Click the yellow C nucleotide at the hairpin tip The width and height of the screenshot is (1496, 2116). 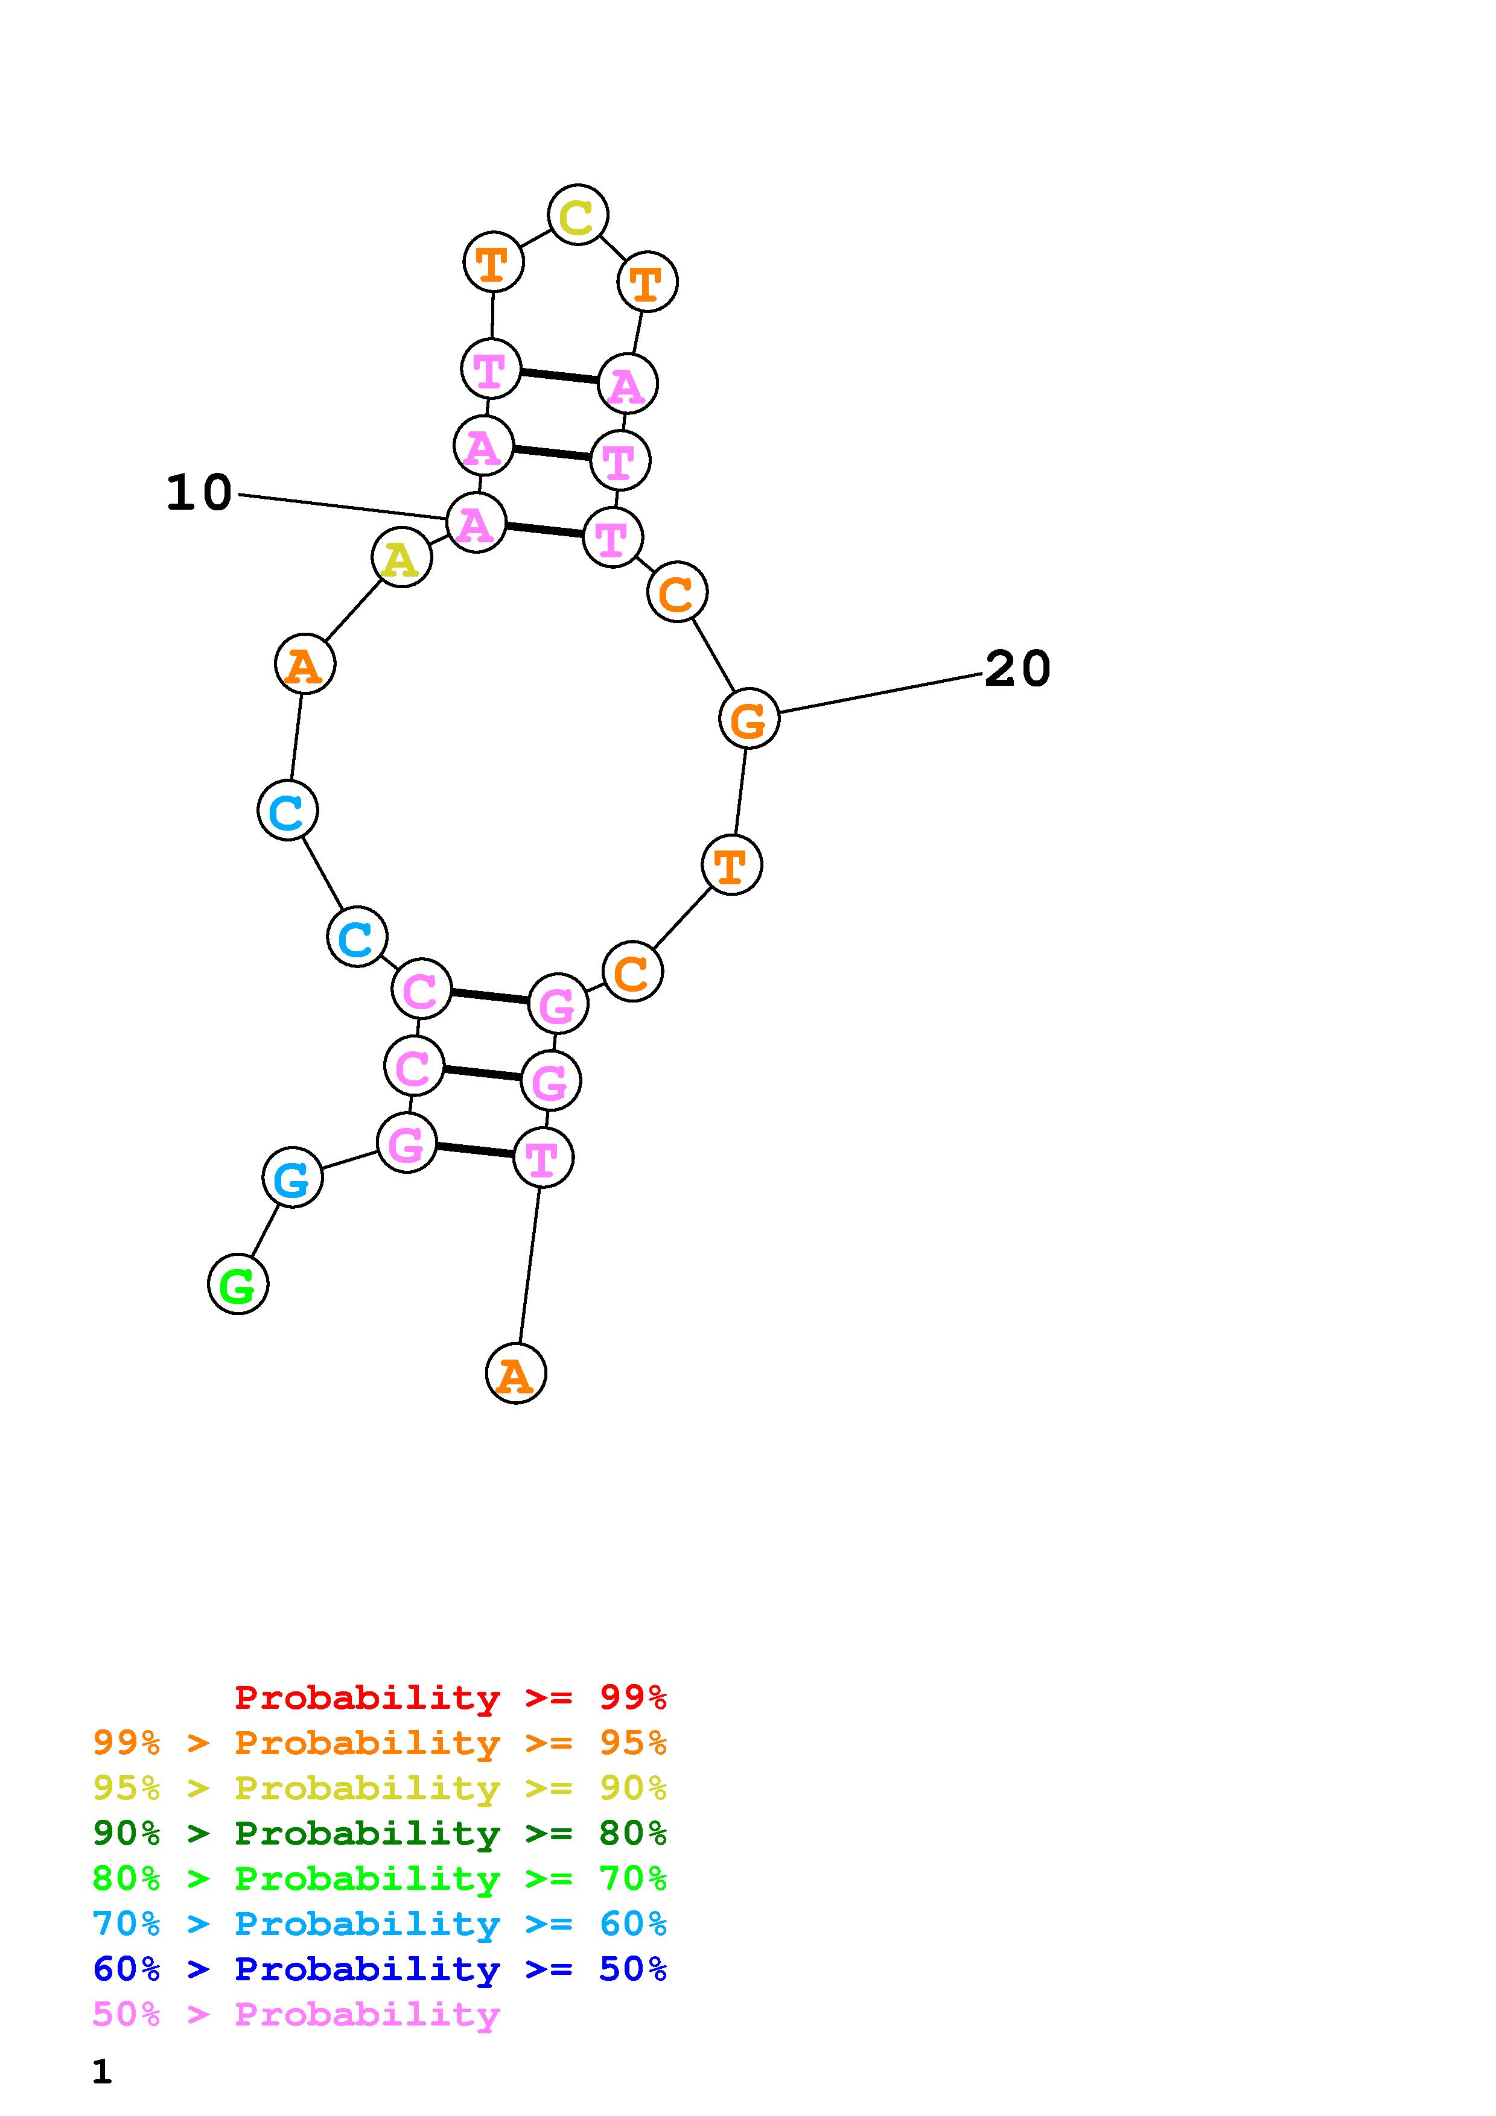[x=578, y=216]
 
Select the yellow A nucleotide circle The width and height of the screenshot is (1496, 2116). [x=401, y=557]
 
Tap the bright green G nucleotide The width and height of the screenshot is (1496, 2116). [x=238, y=1284]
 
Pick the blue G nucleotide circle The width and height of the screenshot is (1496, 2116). [x=292, y=1178]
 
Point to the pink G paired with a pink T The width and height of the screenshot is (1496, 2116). [x=407, y=1143]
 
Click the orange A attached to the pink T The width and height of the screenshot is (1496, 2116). [x=515, y=1373]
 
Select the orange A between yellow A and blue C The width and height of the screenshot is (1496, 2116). [x=304, y=664]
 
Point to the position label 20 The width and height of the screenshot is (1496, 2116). [x=1017, y=668]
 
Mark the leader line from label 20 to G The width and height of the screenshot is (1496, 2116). [x=880, y=693]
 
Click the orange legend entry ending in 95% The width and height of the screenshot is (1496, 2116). [x=380, y=1742]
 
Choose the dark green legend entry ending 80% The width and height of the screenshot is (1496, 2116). [x=380, y=1833]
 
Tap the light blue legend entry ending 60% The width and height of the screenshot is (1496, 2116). [x=380, y=1924]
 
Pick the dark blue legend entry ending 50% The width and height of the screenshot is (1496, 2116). [x=380, y=1969]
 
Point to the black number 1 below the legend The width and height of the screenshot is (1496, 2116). [x=103, y=2072]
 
